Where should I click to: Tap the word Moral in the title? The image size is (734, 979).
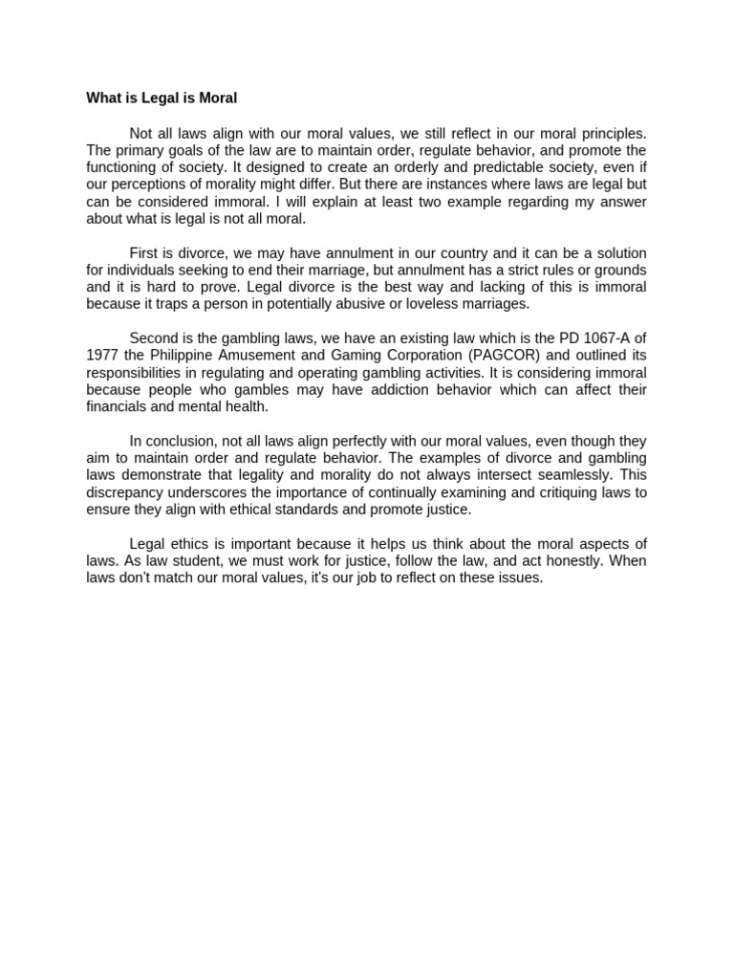pos(214,98)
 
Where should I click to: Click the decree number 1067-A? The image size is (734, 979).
pos(603,337)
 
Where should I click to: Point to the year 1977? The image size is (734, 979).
pos(102,355)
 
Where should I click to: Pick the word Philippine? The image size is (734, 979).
pos(184,355)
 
